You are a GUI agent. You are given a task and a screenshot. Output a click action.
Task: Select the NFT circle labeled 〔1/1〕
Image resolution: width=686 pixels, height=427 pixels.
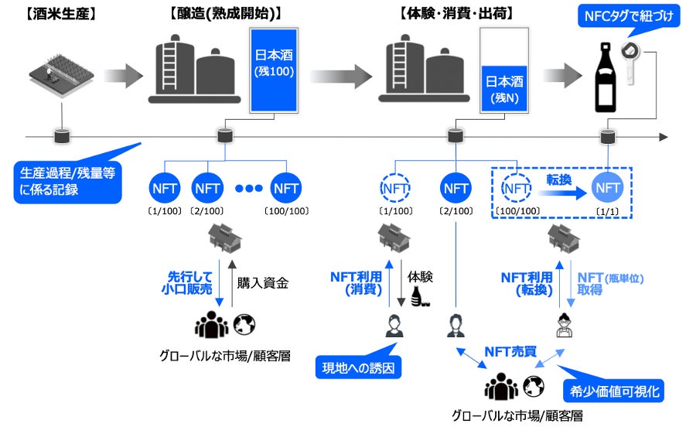(607, 187)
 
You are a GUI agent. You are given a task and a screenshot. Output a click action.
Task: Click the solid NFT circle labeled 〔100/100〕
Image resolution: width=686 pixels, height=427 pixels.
(286, 187)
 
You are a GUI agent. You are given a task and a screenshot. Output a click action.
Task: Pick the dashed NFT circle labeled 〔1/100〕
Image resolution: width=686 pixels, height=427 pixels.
(395, 187)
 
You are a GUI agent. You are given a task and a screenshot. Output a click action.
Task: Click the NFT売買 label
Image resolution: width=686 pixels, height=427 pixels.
(509, 350)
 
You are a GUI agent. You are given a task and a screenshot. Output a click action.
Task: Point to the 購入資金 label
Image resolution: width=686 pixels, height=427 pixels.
(263, 282)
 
